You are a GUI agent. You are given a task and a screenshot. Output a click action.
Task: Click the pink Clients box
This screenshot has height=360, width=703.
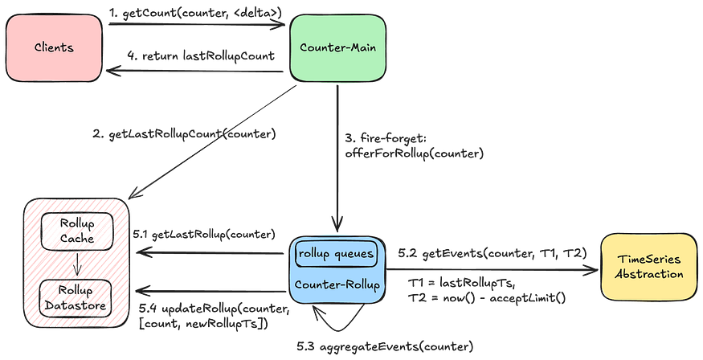(54, 47)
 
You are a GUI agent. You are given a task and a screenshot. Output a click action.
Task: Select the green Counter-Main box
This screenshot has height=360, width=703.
(337, 47)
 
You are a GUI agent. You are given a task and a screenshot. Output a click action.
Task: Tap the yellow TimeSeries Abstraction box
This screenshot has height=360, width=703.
(648, 267)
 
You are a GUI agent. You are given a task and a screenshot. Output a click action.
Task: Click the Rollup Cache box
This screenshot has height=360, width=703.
(77, 231)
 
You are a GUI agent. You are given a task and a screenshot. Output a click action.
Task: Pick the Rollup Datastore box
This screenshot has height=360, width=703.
(76, 298)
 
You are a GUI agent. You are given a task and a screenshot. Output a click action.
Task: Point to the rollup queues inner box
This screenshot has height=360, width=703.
(337, 254)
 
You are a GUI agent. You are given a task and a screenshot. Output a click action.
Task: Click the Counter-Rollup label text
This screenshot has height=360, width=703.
(337, 285)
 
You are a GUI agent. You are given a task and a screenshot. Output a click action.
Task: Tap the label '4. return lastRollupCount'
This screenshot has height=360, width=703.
(201, 56)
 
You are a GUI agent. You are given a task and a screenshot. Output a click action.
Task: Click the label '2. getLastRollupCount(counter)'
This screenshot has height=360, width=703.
(184, 134)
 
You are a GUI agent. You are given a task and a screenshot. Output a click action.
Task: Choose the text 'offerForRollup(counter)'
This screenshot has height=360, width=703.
(415, 153)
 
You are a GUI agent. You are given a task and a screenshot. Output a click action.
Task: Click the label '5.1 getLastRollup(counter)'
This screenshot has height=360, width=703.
(204, 235)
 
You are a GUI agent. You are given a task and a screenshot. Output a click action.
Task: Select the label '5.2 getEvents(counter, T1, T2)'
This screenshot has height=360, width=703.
(493, 253)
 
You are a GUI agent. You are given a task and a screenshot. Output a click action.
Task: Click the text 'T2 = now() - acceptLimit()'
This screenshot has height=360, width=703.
(486, 297)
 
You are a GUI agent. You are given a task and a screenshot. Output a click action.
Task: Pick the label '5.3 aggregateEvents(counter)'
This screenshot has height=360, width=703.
(385, 346)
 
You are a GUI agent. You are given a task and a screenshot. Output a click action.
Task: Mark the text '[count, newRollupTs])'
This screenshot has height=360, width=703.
(203, 324)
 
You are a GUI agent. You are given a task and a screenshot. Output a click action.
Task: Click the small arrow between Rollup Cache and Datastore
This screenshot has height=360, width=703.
(77, 264)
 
